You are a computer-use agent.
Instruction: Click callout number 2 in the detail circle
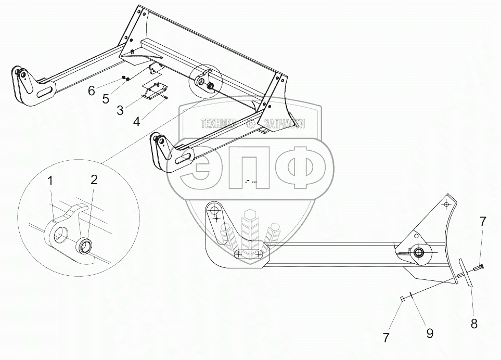[94, 180]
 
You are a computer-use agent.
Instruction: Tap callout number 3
[120, 110]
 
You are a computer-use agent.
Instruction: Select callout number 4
[136, 122]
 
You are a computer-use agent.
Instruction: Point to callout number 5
[106, 98]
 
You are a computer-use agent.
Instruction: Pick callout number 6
[92, 91]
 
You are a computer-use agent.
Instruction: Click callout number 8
[474, 323]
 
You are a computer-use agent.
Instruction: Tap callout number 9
[430, 333]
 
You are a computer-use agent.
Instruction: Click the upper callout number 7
[483, 222]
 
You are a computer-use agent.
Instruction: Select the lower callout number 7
[386, 338]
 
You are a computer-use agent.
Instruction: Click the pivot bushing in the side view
[418, 253]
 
